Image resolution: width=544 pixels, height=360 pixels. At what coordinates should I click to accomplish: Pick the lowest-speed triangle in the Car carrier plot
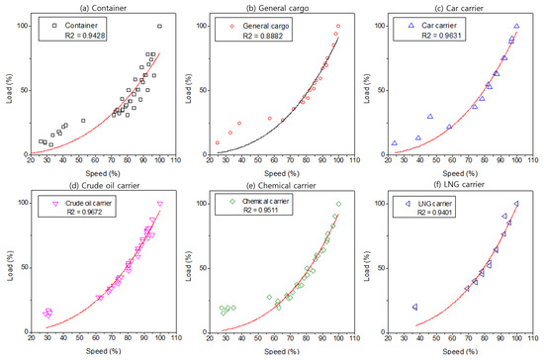coord(394,143)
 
